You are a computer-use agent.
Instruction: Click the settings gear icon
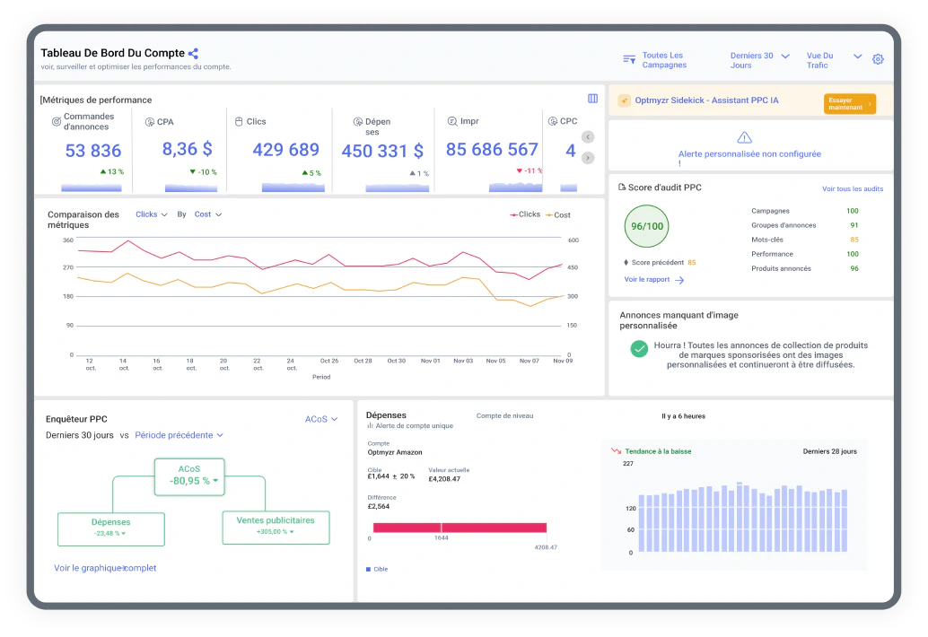click(878, 59)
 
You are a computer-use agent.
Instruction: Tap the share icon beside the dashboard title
click(193, 53)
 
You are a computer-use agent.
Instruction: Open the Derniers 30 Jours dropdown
click(759, 60)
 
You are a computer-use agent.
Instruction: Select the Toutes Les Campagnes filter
click(655, 60)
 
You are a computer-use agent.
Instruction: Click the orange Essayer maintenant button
click(849, 103)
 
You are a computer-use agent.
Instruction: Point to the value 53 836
click(93, 151)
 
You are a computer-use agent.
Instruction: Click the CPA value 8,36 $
click(187, 149)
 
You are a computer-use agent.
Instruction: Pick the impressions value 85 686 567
click(492, 150)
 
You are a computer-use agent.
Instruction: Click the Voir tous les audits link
click(853, 188)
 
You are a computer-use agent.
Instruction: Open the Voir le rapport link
click(654, 280)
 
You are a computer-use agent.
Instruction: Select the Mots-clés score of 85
click(854, 240)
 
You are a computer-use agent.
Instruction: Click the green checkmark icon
click(639, 349)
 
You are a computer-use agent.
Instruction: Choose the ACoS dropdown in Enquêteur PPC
click(321, 419)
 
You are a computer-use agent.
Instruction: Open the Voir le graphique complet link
click(105, 569)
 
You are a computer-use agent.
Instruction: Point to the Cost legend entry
click(557, 215)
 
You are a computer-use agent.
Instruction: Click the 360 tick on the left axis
click(68, 240)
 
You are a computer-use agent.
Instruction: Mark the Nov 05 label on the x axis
click(496, 361)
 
